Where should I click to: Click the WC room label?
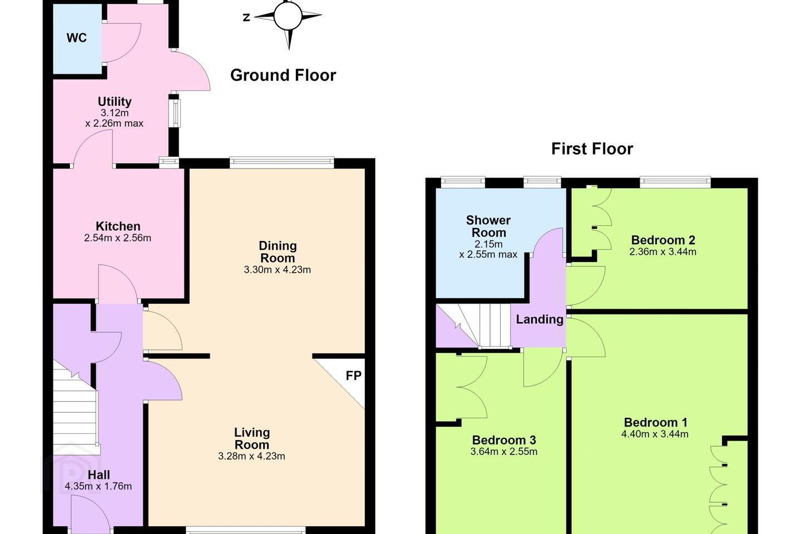[x=77, y=38]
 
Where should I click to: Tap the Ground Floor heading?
[x=283, y=75]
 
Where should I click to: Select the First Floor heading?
[x=592, y=149]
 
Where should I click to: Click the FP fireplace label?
[x=354, y=375]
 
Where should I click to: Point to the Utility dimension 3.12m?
[x=115, y=113]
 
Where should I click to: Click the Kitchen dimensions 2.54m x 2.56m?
[x=118, y=238]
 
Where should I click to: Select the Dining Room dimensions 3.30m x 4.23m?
[x=278, y=270]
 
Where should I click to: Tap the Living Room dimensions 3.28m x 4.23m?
[x=252, y=456]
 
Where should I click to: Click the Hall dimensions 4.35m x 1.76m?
[x=98, y=486]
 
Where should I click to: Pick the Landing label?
[x=540, y=319]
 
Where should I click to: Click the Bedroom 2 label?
[x=663, y=240]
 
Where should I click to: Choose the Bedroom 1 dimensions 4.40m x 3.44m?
[x=655, y=434]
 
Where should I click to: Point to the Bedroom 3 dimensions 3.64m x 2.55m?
[x=504, y=452]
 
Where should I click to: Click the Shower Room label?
[x=488, y=226]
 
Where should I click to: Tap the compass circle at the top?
[x=288, y=16]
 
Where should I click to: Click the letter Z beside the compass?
[x=246, y=17]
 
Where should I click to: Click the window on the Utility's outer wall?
[x=175, y=113]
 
